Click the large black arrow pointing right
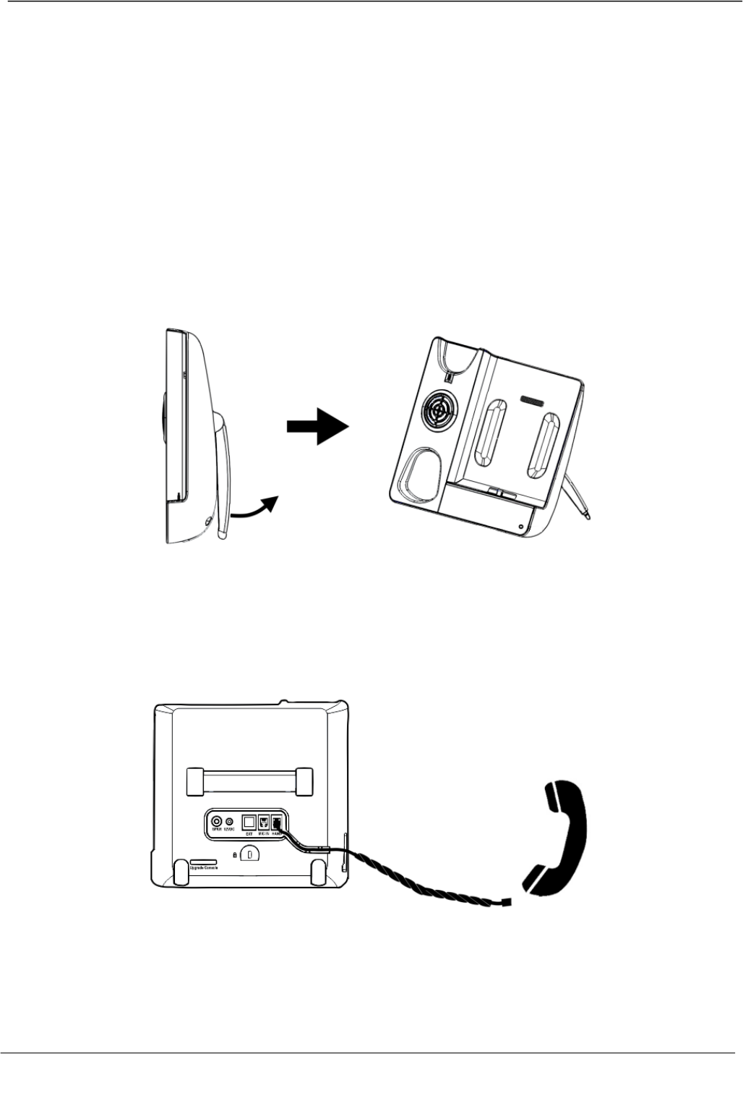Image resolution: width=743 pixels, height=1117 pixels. click(x=318, y=427)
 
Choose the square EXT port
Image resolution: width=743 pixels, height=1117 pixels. click(x=248, y=822)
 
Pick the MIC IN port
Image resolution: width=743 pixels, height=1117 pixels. click(x=264, y=822)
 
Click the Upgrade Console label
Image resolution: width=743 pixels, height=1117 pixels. click(x=203, y=867)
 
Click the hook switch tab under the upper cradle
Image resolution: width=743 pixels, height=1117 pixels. click(x=448, y=377)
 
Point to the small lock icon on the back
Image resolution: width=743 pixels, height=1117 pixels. click(x=236, y=854)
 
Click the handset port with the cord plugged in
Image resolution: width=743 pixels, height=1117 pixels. click(x=277, y=822)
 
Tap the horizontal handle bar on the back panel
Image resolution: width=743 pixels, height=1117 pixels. click(x=250, y=781)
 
